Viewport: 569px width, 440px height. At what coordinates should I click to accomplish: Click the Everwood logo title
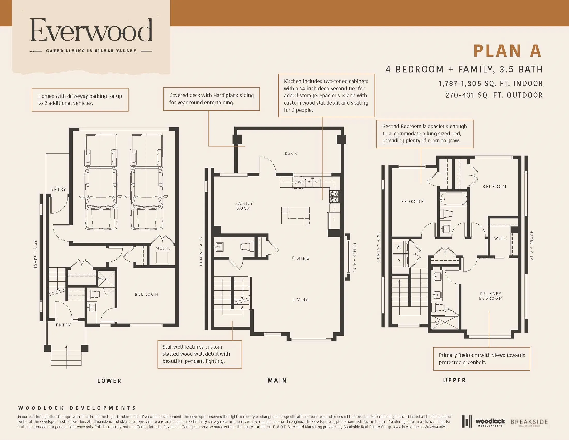tap(91, 31)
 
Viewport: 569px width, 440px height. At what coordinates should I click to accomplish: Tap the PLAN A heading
tap(507, 51)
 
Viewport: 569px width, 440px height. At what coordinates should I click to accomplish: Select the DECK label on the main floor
tap(291, 153)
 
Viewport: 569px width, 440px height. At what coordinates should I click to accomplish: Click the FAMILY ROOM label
tap(244, 206)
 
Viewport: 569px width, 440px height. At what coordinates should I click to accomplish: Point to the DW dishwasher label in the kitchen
tap(298, 182)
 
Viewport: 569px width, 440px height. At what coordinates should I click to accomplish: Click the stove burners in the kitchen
tap(334, 197)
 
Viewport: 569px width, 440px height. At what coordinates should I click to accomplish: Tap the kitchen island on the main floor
tap(295, 215)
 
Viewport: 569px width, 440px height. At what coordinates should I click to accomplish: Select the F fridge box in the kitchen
tap(334, 220)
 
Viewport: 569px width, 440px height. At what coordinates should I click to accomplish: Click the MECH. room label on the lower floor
tap(163, 248)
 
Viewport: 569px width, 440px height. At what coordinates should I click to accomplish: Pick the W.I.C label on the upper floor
tap(500, 239)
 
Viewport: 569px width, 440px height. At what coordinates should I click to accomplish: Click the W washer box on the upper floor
tap(399, 248)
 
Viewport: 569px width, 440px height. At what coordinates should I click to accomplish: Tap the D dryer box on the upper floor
tap(399, 261)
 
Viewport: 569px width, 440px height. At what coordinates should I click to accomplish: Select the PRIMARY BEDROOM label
tap(491, 296)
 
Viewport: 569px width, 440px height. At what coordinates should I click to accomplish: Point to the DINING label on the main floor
tap(301, 258)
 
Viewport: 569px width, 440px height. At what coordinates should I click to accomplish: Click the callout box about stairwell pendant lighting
tap(200, 354)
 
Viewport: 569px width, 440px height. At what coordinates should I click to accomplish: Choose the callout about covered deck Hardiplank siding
tap(211, 99)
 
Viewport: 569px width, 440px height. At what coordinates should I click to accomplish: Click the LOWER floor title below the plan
tap(109, 381)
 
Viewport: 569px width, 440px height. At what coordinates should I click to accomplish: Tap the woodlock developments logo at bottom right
tap(483, 421)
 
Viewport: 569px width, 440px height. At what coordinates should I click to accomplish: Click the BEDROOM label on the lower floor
tap(146, 294)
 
